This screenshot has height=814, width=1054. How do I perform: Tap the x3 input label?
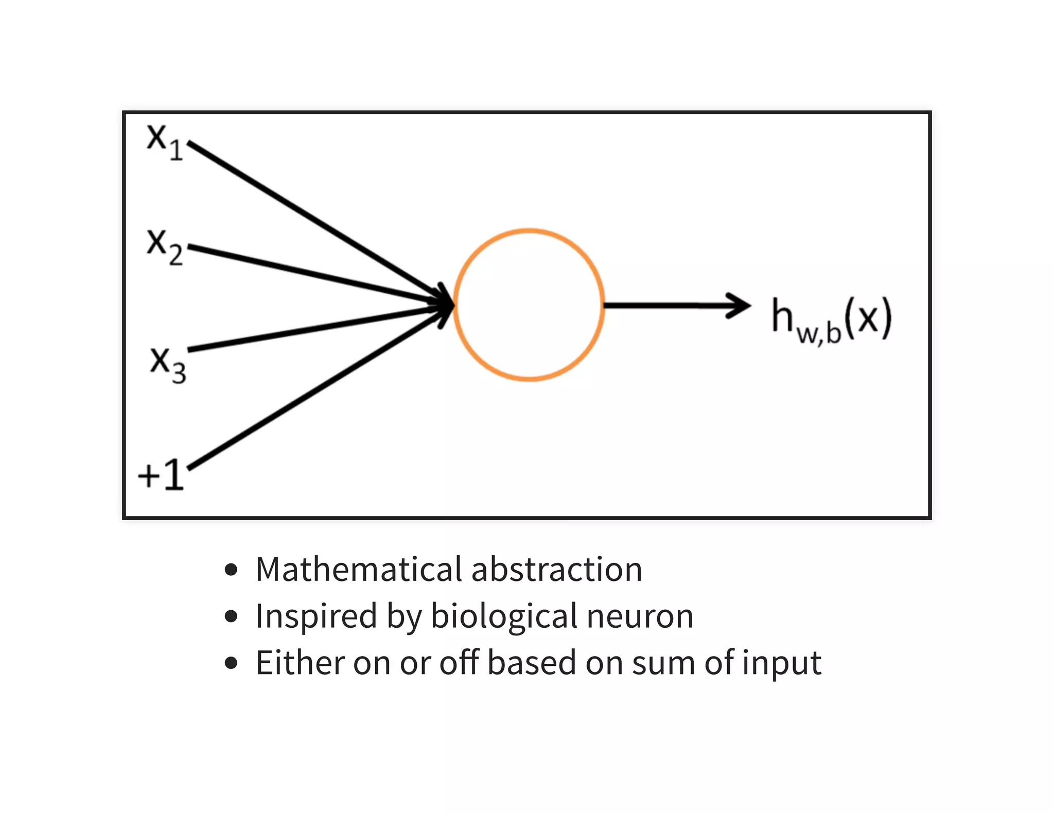click(168, 364)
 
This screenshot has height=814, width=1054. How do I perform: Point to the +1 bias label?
click(161, 474)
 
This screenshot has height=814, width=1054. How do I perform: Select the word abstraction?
click(557, 570)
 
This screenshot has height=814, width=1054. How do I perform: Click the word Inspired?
click(316, 616)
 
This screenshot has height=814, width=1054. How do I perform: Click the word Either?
click(300, 663)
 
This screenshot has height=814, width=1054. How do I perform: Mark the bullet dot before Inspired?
click(232, 616)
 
